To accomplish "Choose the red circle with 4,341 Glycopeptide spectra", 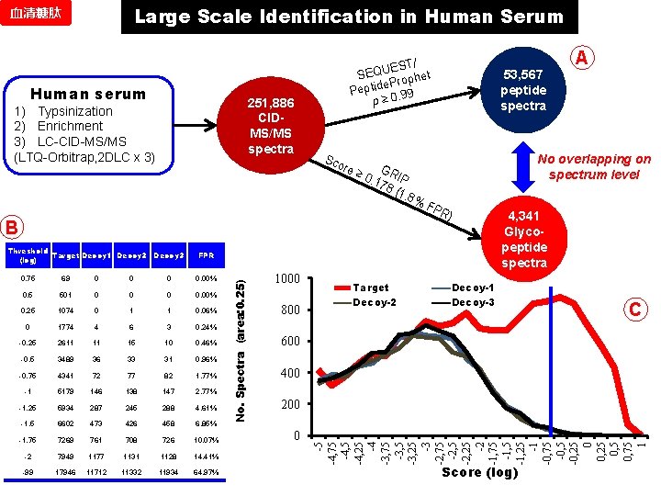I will point(524,241).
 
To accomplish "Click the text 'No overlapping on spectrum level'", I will point(595,166).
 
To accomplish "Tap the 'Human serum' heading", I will point(88,94).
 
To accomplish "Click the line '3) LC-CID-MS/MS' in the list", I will point(69,141).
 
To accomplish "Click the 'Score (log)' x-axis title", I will point(479,472).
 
